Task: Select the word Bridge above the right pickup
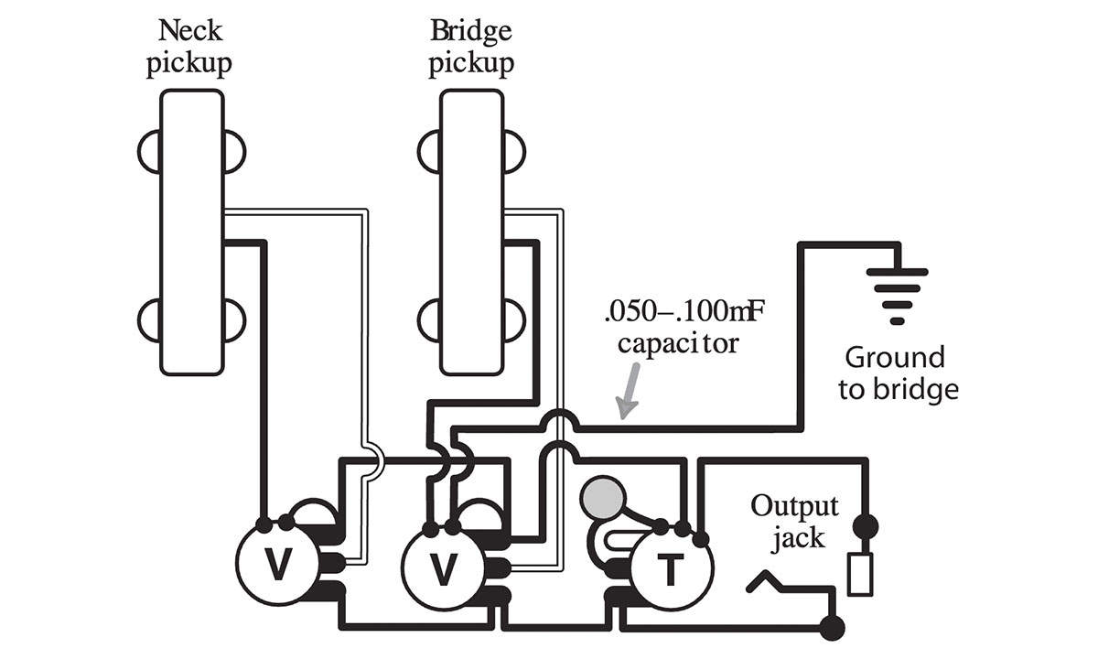click(472, 31)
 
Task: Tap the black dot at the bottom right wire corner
click(833, 628)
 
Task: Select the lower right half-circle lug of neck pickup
click(234, 321)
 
